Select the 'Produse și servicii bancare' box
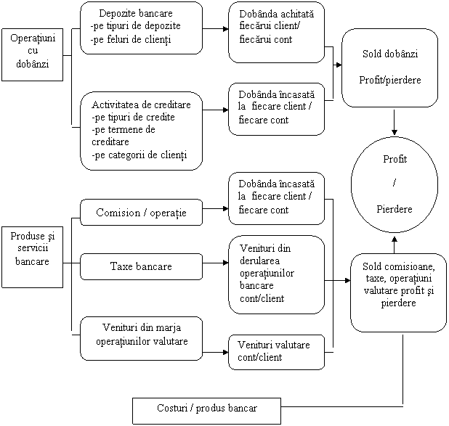point(31,248)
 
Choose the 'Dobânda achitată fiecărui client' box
point(277,27)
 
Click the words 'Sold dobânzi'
point(389,54)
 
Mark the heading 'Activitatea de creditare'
point(142,105)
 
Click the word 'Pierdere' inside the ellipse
point(395,209)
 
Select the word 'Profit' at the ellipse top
point(394,158)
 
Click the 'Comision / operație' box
point(141,212)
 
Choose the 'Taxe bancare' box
point(141,266)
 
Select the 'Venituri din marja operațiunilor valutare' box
point(141,337)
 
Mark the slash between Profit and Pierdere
point(394,184)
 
